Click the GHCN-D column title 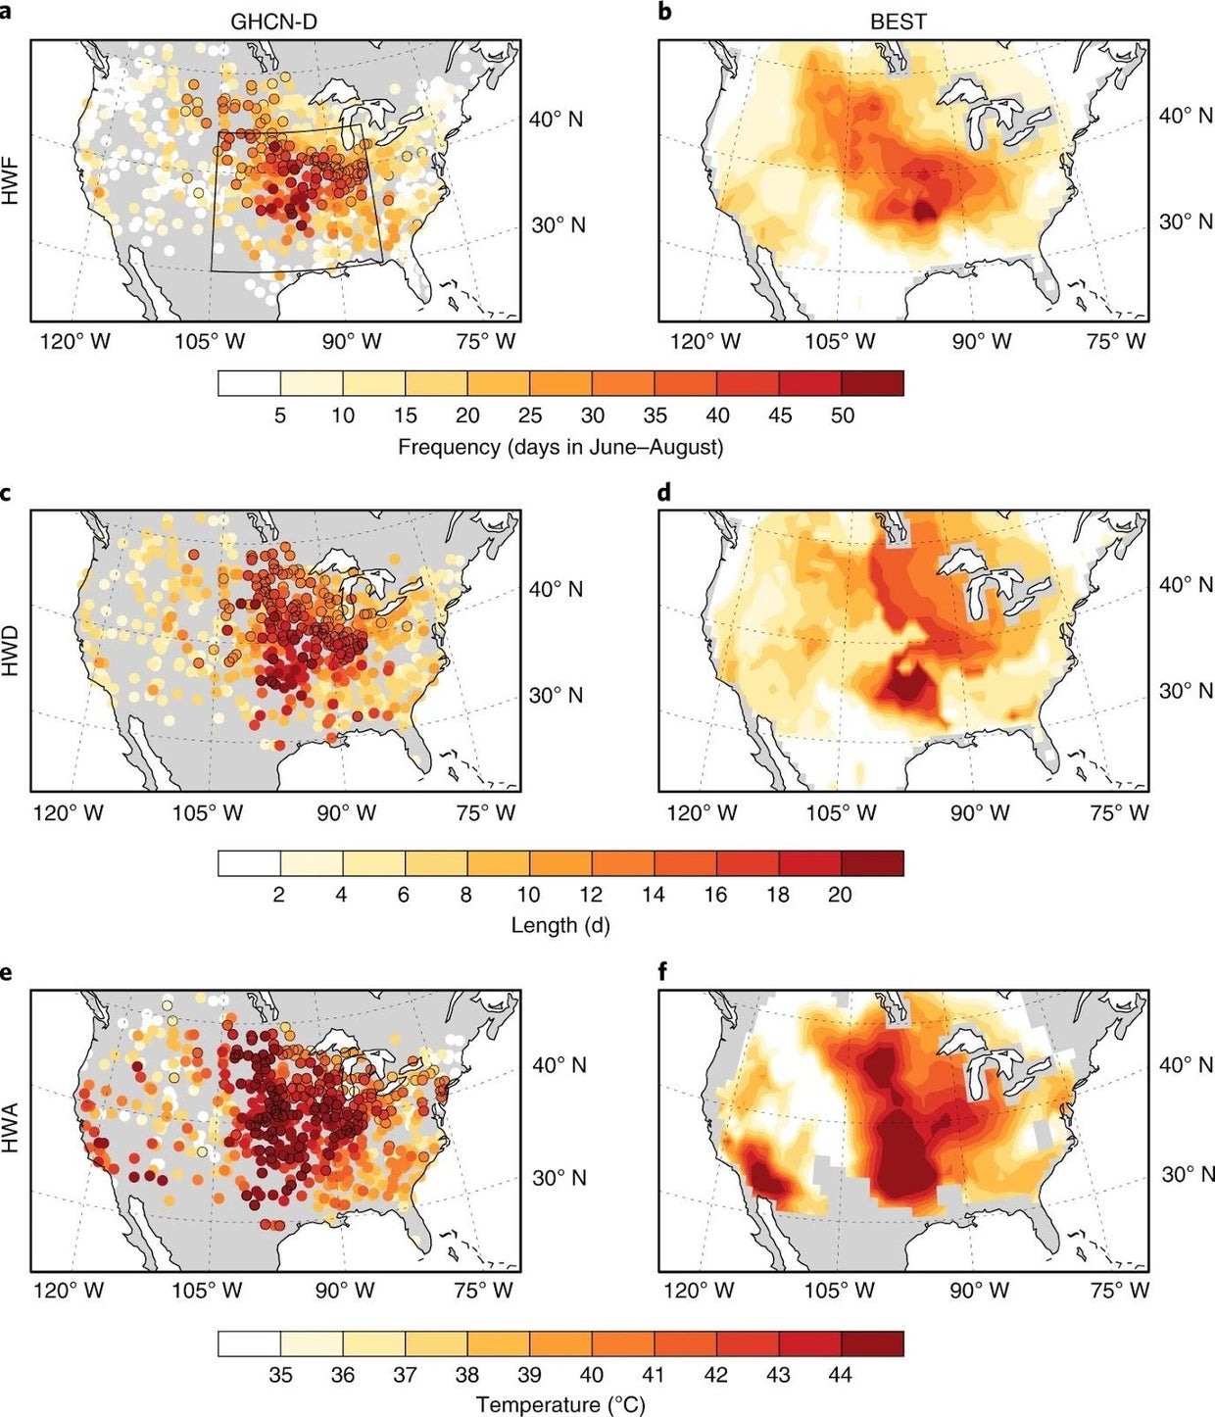(273, 21)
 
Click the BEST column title (898, 21)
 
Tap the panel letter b (665, 13)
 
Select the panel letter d (665, 492)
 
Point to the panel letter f (663, 971)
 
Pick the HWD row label (12, 651)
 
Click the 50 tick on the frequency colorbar (842, 415)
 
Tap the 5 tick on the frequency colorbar (280, 415)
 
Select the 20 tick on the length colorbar (840, 895)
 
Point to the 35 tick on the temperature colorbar (280, 1375)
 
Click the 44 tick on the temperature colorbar (840, 1375)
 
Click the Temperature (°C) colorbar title (560, 1404)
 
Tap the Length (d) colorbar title (560, 925)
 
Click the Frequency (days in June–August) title (560, 447)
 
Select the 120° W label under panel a (74, 342)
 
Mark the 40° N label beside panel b (1186, 116)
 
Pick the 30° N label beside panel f (1188, 1174)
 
